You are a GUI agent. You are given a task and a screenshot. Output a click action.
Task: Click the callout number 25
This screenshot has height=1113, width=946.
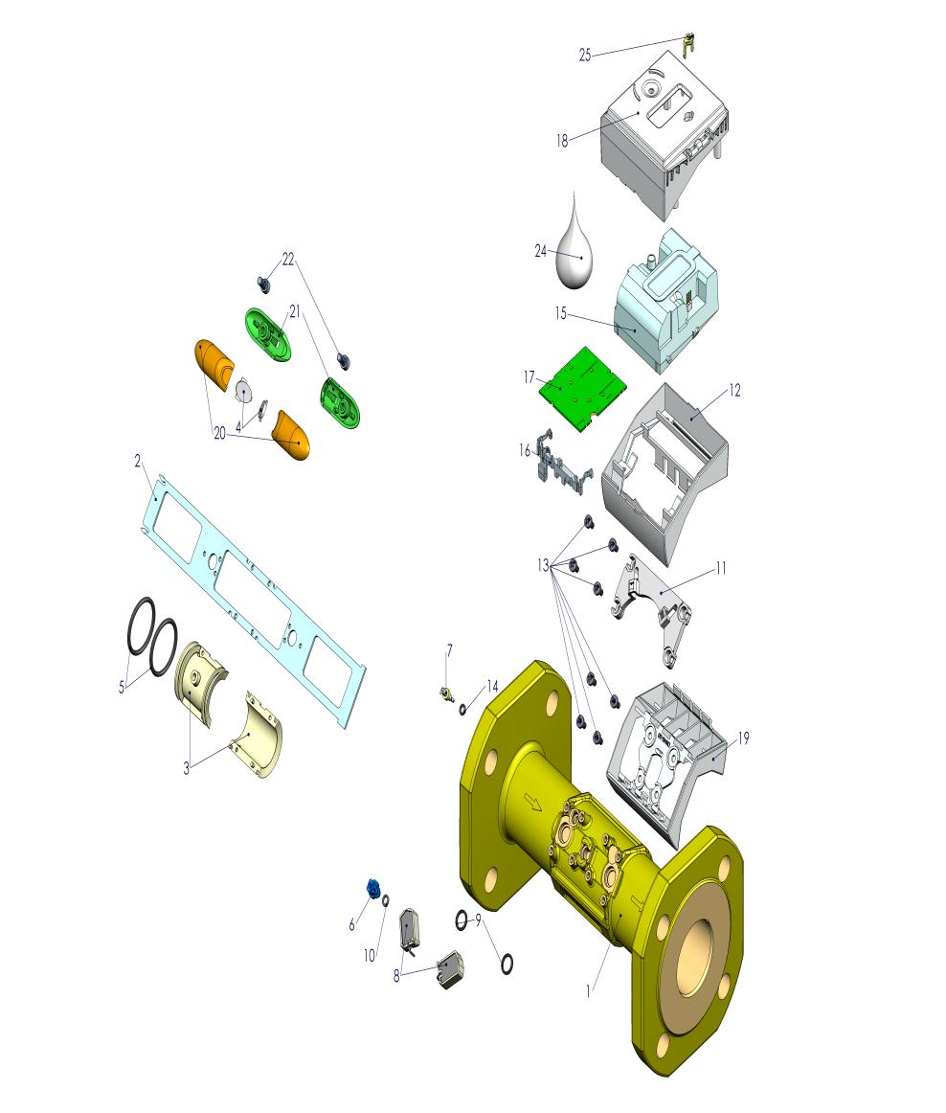(585, 56)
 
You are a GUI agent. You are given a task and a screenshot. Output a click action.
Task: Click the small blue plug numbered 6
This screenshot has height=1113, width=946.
(373, 887)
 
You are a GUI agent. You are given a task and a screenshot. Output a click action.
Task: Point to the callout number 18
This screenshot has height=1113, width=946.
(562, 141)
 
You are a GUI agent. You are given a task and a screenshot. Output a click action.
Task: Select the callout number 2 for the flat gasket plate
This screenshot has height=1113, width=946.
(138, 462)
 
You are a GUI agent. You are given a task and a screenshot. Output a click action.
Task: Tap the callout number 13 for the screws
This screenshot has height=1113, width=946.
(544, 565)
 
